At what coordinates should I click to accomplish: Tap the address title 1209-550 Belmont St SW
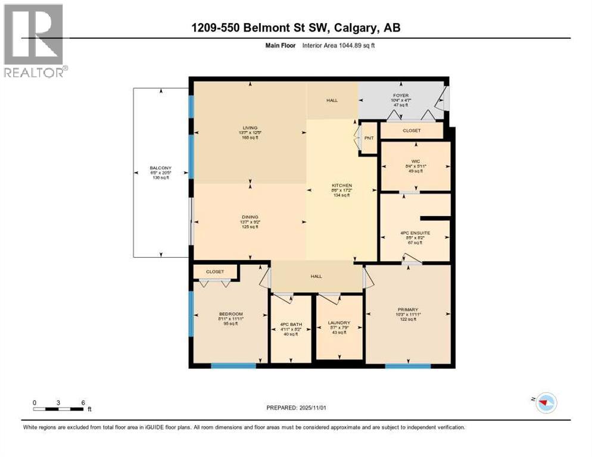pyautogui.click(x=296, y=28)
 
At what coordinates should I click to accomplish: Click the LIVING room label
pyautogui.click(x=249, y=126)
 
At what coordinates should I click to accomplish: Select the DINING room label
pyautogui.click(x=249, y=217)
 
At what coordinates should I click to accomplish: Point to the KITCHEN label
pyautogui.click(x=342, y=186)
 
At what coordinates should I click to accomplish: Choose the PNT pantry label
pyautogui.click(x=369, y=138)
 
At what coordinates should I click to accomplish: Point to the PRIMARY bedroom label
pyautogui.click(x=408, y=309)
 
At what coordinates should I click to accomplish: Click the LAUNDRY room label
pyautogui.click(x=339, y=323)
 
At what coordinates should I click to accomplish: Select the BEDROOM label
pyautogui.click(x=230, y=314)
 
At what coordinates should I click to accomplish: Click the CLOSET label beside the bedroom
pyautogui.click(x=215, y=271)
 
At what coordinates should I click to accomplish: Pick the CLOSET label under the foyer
pyautogui.click(x=412, y=130)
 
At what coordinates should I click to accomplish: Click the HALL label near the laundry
pyautogui.click(x=316, y=276)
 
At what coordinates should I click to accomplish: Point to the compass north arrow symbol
pyautogui.click(x=543, y=403)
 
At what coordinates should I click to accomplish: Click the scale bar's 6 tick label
pyautogui.click(x=82, y=402)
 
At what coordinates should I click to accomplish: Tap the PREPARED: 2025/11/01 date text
pyautogui.click(x=296, y=408)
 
